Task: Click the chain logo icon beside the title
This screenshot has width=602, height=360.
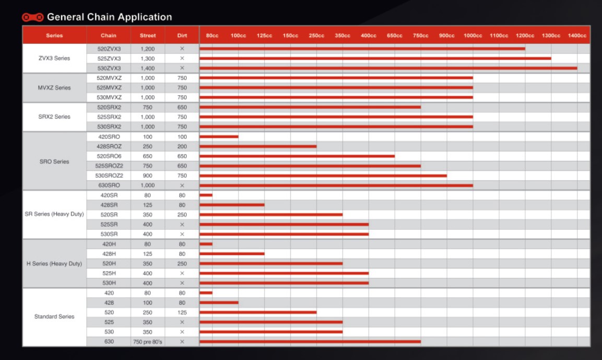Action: pos(33,17)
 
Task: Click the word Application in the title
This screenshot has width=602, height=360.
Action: pos(145,17)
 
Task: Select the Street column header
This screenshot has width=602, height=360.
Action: pos(148,36)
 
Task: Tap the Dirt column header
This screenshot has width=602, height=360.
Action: pos(182,36)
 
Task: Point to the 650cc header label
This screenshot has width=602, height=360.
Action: pos(395,36)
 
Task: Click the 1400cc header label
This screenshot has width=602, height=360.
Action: pos(577,36)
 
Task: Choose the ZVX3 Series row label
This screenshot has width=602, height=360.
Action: pos(54,58)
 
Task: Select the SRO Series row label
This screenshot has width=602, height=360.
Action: pos(54,161)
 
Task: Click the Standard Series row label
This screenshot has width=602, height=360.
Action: pos(54,317)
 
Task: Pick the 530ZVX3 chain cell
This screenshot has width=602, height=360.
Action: pos(109,68)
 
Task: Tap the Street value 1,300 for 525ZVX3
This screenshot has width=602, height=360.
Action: pos(148,59)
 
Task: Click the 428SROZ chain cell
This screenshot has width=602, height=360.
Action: pos(109,146)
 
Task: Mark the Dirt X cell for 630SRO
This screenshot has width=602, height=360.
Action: pos(182,185)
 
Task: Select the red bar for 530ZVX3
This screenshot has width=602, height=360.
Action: pos(388,68)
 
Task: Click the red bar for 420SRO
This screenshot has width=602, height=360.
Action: pos(219,137)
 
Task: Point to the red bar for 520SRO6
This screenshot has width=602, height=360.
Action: pos(297,156)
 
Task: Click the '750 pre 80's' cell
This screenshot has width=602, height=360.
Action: pos(148,342)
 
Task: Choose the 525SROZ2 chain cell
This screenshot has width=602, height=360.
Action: pos(109,166)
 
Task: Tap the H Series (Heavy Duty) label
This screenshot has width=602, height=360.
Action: pos(54,263)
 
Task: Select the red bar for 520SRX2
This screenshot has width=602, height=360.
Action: pos(310,107)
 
